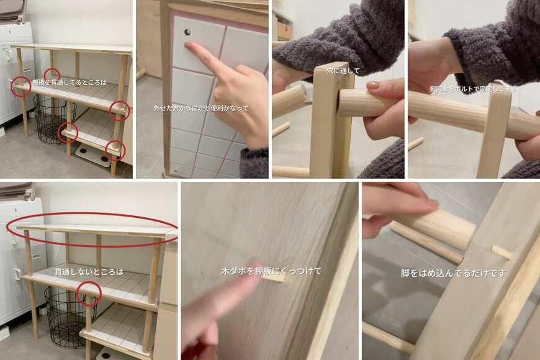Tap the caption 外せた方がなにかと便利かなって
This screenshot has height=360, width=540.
coord(201,108)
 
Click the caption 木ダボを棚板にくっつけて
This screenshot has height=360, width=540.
coord(271,271)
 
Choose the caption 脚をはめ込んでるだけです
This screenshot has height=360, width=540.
coord(453,273)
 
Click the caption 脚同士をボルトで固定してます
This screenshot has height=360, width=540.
coord(473,89)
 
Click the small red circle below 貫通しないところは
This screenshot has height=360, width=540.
coord(89,294)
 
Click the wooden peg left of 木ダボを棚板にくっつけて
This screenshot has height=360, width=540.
coord(271,278)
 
